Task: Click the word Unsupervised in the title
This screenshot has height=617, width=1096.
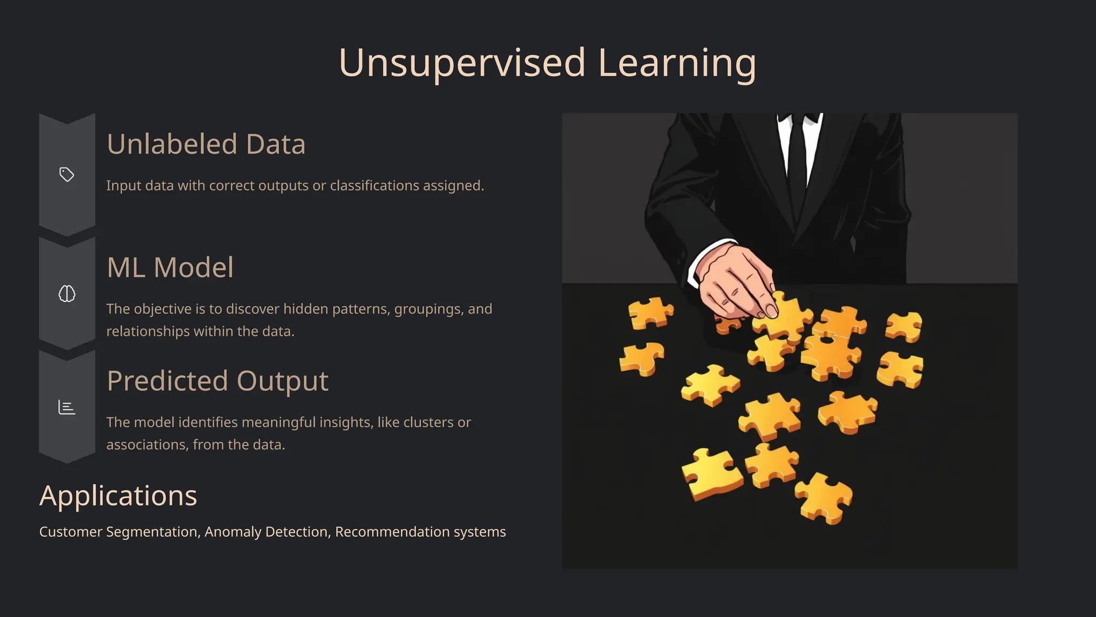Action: coord(462,63)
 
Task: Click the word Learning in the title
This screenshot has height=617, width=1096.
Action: coord(677,63)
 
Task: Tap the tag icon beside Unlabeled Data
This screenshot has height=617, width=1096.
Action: coord(67,175)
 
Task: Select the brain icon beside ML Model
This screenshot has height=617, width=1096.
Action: coord(67,294)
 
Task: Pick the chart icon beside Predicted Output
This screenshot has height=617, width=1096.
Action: coord(67,408)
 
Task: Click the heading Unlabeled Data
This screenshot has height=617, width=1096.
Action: coord(206,144)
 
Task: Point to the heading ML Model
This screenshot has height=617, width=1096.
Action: coord(170,267)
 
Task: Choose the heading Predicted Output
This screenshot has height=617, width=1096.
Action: coord(217,381)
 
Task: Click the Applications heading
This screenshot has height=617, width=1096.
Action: coord(118,495)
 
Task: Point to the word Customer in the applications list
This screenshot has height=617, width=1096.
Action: coord(71,532)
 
